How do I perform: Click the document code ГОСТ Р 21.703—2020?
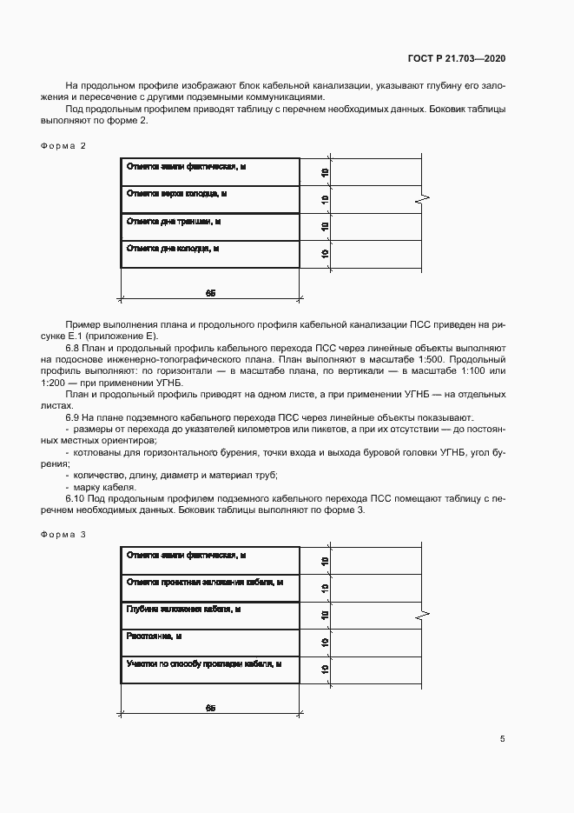point(456,58)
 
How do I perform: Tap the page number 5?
point(502,739)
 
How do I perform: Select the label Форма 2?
point(63,145)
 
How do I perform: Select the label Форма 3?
point(63,534)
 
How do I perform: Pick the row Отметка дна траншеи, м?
point(174,222)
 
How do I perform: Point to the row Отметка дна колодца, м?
point(173,248)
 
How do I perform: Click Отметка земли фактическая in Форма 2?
point(185,166)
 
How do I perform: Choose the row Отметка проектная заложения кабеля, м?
point(205,582)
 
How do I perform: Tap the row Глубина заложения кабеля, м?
point(183,610)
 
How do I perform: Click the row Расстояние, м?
point(154,636)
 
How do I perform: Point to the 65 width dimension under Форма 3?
point(210,708)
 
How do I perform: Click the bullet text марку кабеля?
point(100,487)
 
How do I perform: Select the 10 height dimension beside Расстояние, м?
point(325,643)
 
